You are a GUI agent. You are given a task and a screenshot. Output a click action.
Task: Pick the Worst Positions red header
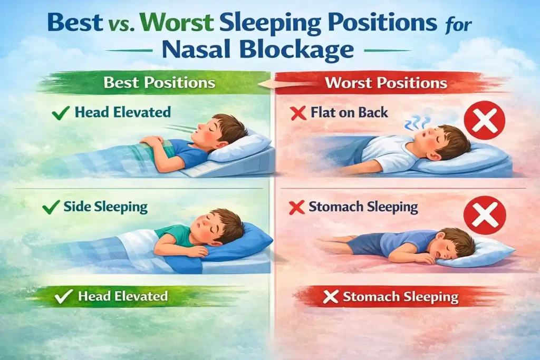click(x=386, y=83)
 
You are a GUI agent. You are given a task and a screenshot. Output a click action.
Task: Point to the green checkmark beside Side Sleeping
click(x=49, y=207)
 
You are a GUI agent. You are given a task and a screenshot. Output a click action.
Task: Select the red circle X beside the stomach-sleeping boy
click(x=484, y=215)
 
